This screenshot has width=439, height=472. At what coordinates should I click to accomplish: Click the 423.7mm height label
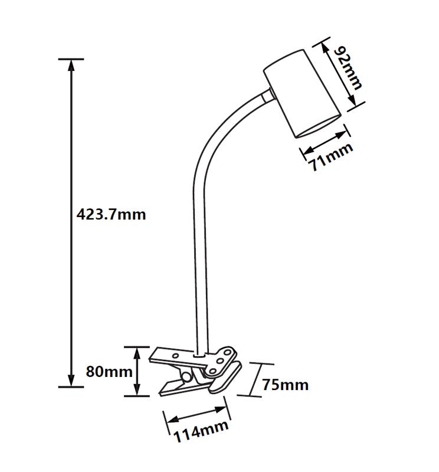pyautogui.click(x=111, y=215)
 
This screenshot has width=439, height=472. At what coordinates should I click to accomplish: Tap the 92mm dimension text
pyautogui.click(x=348, y=68)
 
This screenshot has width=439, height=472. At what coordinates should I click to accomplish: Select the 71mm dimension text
pyautogui.click(x=330, y=156)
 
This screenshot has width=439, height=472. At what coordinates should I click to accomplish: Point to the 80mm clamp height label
pyautogui.click(x=109, y=372)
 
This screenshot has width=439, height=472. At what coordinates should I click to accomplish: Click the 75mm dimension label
pyautogui.click(x=286, y=385)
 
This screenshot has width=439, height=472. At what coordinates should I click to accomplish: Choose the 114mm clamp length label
pyautogui.click(x=201, y=431)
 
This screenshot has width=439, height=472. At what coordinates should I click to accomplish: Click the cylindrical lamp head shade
pyautogui.click(x=302, y=94)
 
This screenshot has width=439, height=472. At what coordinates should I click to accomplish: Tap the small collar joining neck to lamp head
pyautogui.click(x=267, y=96)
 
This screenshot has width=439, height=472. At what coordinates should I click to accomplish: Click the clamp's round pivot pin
pyautogui.click(x=186, y=376)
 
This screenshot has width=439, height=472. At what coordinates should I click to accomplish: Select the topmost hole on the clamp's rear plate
pyautogui.click(x=228, y=352)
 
